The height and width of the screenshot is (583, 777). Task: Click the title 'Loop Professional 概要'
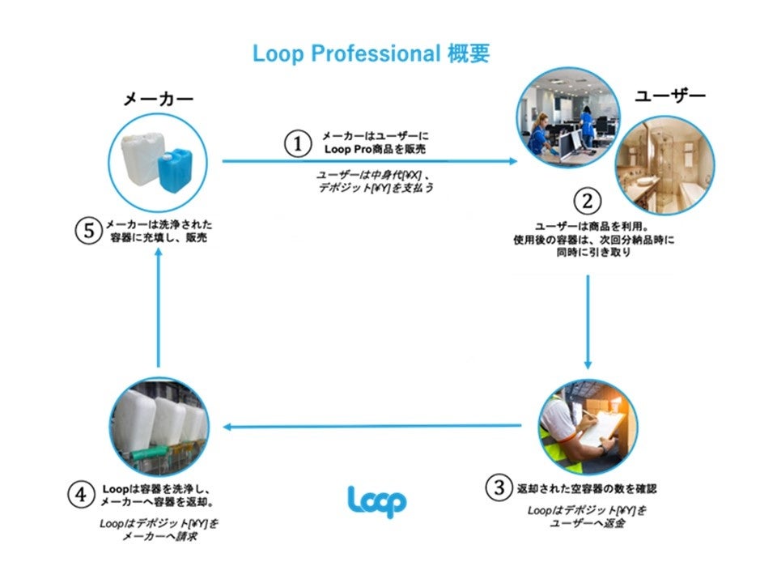371,54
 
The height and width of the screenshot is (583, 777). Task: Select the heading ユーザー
669,96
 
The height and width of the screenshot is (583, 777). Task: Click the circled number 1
297,144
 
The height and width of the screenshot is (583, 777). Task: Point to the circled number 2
588,200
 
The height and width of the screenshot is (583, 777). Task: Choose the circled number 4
81,494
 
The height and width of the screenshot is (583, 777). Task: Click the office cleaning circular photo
568,119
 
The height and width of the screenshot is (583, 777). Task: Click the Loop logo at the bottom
376,500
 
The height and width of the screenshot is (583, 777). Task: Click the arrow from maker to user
369,161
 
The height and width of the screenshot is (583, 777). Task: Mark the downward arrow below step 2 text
588,321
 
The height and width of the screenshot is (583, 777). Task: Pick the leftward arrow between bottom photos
372,427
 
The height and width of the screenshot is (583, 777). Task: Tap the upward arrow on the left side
159,307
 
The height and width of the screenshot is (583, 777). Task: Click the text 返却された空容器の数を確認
588,488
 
